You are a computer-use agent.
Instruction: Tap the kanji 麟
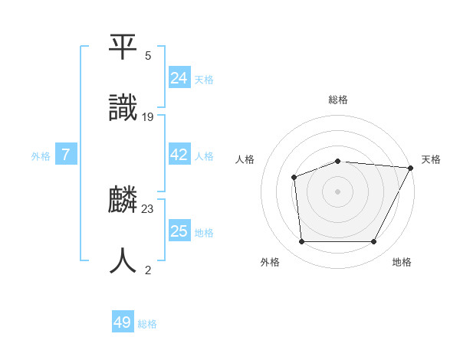123,201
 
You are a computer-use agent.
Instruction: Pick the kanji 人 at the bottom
123,260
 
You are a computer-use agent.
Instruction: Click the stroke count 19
148,117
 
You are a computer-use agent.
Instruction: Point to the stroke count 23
148,208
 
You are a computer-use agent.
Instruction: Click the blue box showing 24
179,77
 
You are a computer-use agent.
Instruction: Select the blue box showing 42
179,155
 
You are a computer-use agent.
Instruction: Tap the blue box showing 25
179,231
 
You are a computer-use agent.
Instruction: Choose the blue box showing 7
66,155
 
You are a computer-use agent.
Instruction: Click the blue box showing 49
123,322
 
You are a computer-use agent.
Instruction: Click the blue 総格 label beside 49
147,324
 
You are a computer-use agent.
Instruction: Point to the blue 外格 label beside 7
41,156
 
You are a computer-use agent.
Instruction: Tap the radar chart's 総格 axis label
338,100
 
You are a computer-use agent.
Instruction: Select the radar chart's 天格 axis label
431,159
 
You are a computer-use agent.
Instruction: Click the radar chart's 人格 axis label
245,159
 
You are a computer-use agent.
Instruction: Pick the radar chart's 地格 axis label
402,262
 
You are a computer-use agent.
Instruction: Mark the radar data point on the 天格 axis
411,168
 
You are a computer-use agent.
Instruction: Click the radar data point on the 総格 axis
338,161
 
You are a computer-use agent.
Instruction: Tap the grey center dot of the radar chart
338,191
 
